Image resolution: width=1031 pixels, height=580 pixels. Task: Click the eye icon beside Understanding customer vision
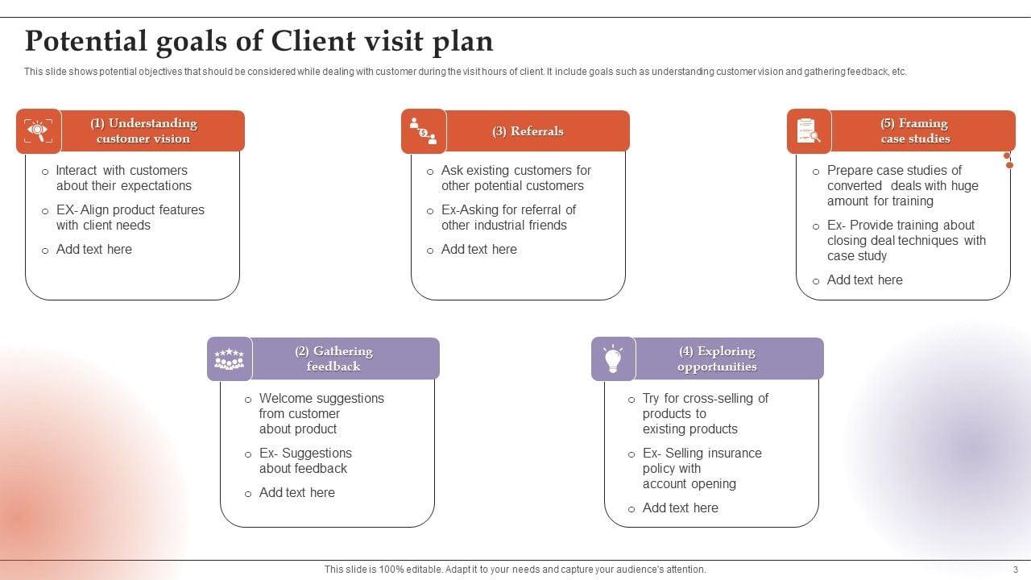point(38,130)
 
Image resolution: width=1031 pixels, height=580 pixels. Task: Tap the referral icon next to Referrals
point(423,130)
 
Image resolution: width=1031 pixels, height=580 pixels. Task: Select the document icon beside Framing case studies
point(808,130)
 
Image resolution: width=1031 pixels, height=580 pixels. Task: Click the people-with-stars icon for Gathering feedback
point(229,358)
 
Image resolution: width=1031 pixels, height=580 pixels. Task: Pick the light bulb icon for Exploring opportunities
point(613,358)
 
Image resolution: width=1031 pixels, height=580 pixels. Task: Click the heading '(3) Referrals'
point(528,131)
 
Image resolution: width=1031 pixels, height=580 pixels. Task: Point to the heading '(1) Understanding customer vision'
point(143,130)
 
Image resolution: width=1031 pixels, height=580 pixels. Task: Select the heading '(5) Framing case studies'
point(914,130)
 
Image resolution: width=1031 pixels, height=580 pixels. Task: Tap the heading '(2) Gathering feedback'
point(333,358)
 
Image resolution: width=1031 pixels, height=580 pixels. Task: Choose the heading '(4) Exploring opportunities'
point(717,358)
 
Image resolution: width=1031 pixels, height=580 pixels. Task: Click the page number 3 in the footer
point(1016,570)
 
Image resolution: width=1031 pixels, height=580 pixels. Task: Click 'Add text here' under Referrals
point(478,249)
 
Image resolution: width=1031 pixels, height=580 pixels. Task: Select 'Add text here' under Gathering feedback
point(296,492)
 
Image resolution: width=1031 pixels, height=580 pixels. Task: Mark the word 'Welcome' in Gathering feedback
point(285,398)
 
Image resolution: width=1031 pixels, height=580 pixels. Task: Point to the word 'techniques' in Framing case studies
point(927,240)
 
